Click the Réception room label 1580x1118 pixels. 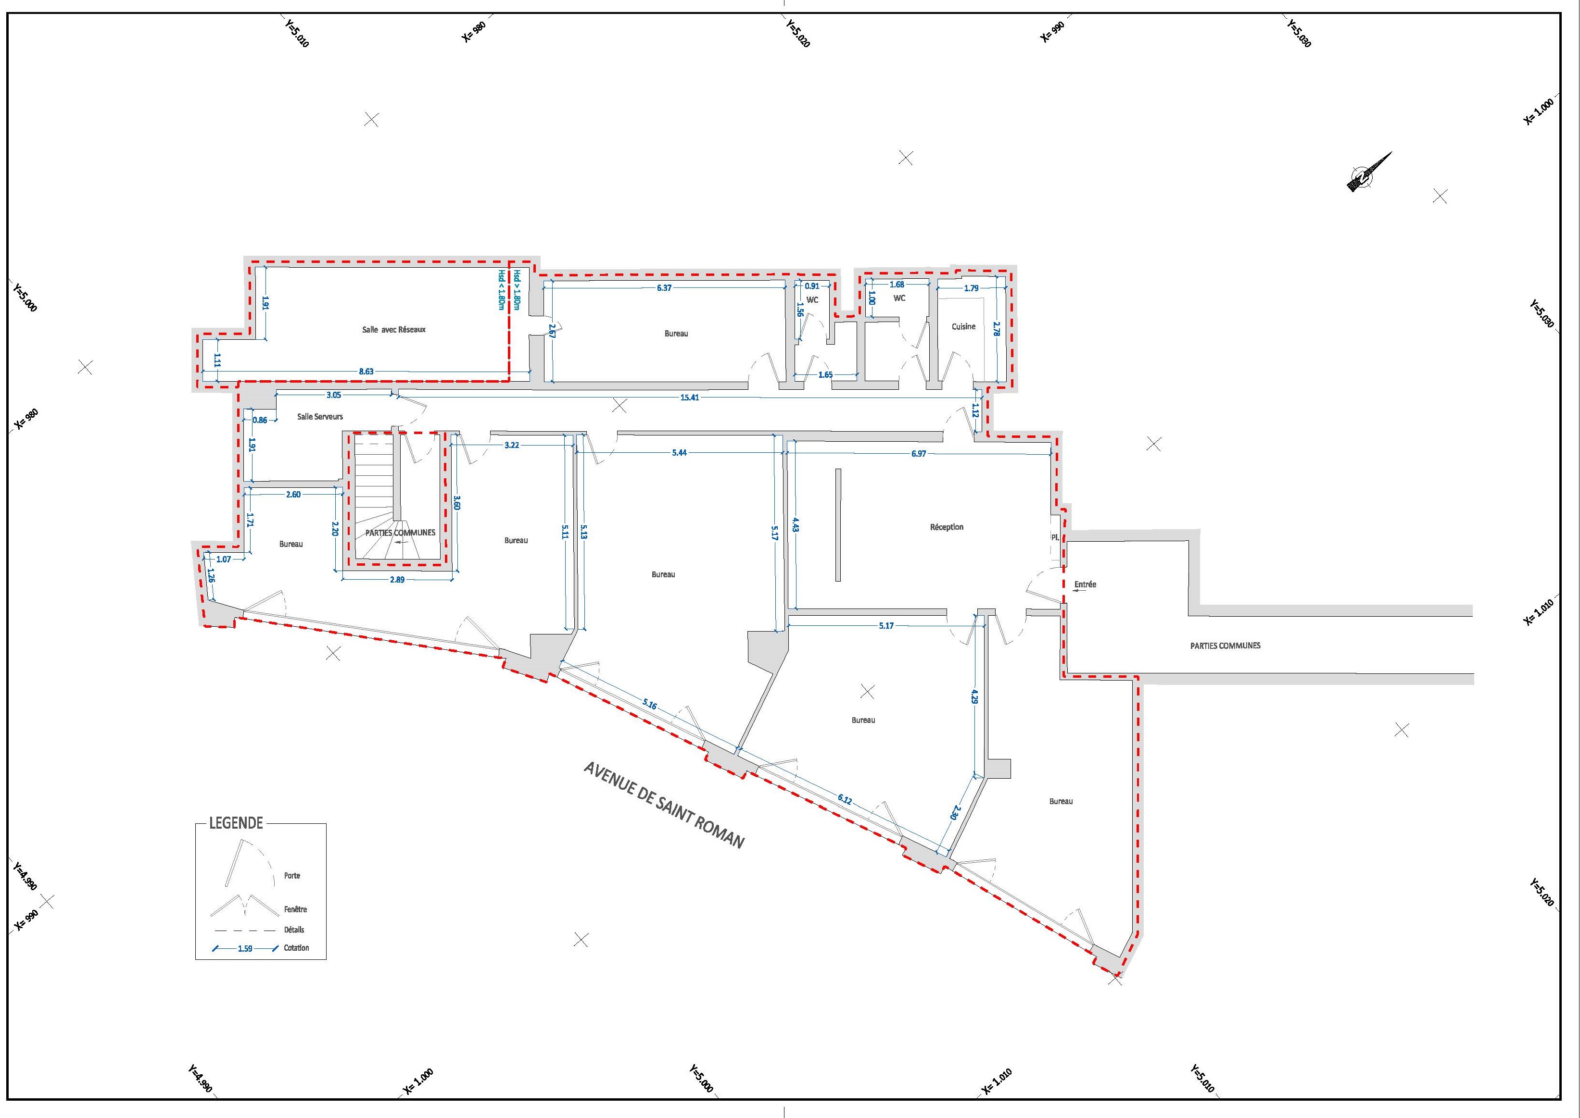[x=947, y=527]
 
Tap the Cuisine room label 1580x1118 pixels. [x=963, y=326]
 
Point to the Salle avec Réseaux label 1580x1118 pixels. [x=394, y=330]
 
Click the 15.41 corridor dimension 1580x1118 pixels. [x=689, y=397]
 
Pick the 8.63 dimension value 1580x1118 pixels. [x=367, y=372]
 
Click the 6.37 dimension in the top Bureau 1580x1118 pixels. [x=664, y=288]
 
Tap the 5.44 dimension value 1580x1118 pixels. [x=680, y=453]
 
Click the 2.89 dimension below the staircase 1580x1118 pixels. [x=397, y=580]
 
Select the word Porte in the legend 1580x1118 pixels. [x=292, y=876]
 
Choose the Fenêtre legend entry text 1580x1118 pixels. [x=295, y=909]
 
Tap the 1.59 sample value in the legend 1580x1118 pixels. [x=245, y=949]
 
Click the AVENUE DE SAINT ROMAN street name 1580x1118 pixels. [x=664, y=805]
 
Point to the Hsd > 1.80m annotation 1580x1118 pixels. [x=516, y=290]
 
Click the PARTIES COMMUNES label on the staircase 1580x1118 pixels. [x=400, y=533]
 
